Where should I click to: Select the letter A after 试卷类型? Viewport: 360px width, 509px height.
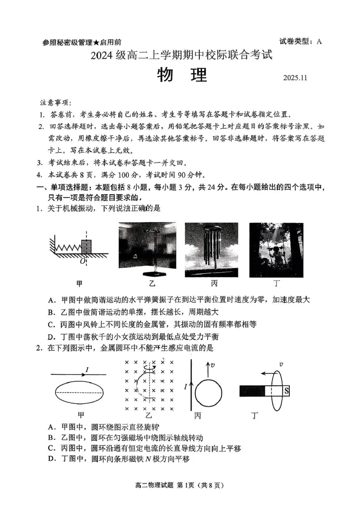tap(319, 42)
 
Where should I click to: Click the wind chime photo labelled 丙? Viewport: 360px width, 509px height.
tap(211, 250)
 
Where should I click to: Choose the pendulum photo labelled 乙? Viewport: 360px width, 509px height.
tap(147, 250)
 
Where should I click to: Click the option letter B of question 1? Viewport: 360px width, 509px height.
tap(51, 312)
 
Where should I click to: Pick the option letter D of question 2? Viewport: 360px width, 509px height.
tap(51, 459)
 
